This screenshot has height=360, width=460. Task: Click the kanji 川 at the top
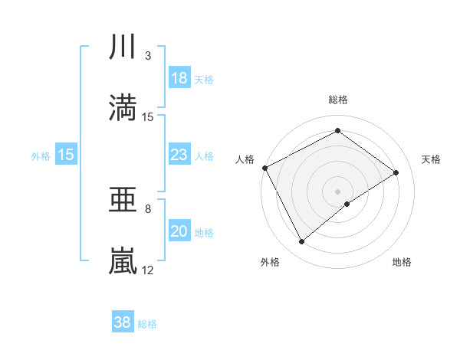[x=123, y=48]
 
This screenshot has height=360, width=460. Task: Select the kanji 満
[x=123, y=107]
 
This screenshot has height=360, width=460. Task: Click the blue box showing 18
[x=179, y=78]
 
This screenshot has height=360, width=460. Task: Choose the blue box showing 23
[x=179, y=155]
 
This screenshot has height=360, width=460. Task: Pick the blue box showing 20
[x=179, y=232]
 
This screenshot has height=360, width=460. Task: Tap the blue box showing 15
[x=66, y=155]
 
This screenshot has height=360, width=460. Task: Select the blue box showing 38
[x=123, y=323]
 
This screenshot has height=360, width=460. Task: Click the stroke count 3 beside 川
[x=148, y=55]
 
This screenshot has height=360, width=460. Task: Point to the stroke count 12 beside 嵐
[x=148, y=270]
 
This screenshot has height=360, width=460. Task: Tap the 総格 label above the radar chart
[x=338, y=100]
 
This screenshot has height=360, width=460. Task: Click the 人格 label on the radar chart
[x=245, y=159]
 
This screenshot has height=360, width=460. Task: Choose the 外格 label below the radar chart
[x=270, y=263]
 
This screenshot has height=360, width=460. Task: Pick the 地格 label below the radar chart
[x=402, y=263]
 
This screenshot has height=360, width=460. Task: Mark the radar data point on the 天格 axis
[x=396, y=172]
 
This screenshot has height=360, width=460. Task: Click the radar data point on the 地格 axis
[x=348, y=204]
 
